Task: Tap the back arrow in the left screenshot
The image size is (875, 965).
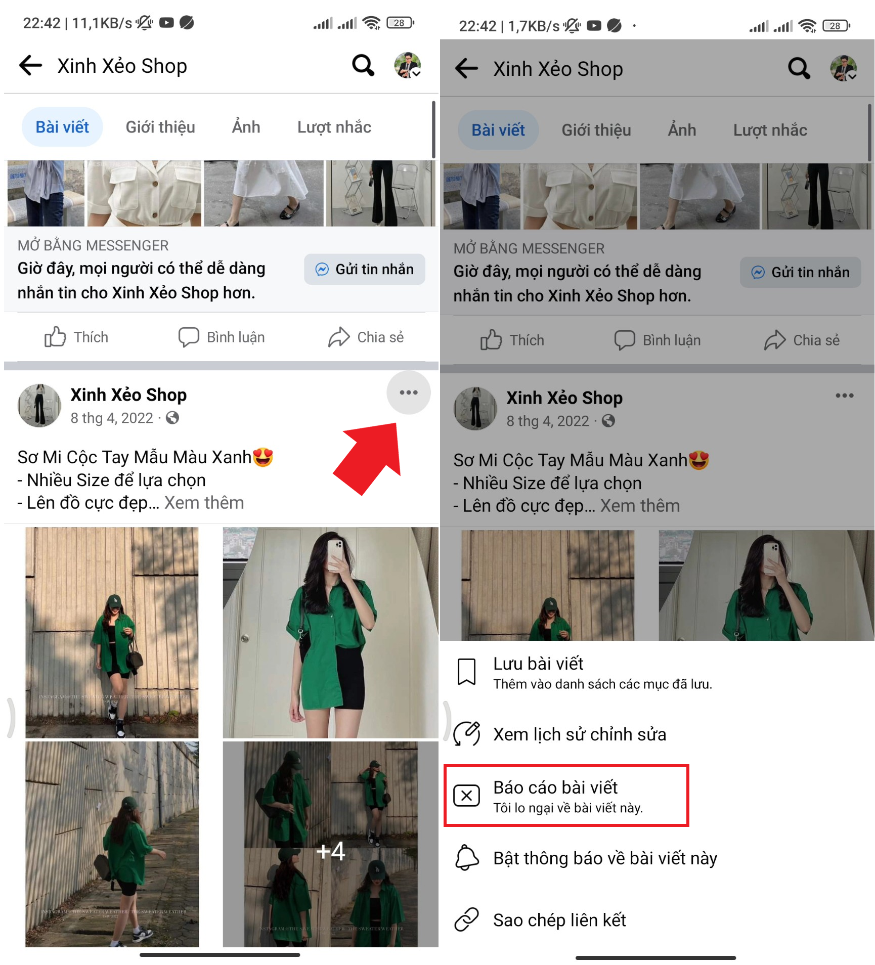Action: [x=30, y=66]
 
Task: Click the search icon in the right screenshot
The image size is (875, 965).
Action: [x=799, y=68]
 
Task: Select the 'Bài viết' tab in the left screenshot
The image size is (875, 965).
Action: [x=62, y=127]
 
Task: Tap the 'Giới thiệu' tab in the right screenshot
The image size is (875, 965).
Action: [x=596, y=130]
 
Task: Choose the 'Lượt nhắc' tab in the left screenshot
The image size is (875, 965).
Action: [x=334, y=127]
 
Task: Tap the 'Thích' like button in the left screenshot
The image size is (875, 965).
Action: [x=76, y=337]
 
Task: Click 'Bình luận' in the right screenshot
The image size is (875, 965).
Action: [x=658, y=340]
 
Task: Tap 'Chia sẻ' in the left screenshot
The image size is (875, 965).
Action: [x=366, y=337]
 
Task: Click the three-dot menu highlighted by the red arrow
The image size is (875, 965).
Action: [x=409, y=392]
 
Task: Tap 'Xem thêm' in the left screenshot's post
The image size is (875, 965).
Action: [x=204, y=503]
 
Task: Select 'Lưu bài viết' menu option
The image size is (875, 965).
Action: [x=538, y=664]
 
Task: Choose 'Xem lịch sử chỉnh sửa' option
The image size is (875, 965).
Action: [x=580, y=734]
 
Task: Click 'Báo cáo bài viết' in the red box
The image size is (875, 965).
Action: [x=555, y=787]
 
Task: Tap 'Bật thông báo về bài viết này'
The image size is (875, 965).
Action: [x=605, y=858]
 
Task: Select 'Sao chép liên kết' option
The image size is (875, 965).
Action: [x=559, y=920]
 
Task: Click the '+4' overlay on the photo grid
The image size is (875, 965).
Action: [x=330, y=851]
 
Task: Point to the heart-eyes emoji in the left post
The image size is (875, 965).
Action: [x=263, y=457]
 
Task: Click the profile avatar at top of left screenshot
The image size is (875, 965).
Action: [x=408, y=65]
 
